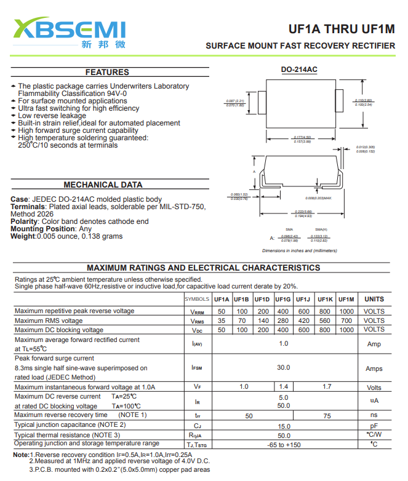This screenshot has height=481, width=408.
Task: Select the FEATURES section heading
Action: (107, 72)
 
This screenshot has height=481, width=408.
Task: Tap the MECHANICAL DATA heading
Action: (103, 185)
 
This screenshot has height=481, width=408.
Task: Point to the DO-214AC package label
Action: (299, 70)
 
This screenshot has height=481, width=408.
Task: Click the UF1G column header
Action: (284, 300)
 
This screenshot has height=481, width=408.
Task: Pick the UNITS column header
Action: (374, 300)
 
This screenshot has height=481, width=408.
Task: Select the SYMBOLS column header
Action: (198, 300)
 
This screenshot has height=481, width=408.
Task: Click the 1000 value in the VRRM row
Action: (346, 311)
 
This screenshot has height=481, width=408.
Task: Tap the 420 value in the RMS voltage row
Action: (304, 320)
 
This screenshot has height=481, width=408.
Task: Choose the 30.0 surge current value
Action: (283, 368)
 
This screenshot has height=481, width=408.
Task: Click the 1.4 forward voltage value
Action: (284, 387)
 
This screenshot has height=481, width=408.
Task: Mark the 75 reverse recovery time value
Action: (327, 416)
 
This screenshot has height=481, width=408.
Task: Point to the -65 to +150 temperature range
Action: (284, 444)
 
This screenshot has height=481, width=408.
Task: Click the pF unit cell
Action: (374, 426)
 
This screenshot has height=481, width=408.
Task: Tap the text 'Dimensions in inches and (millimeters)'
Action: (300, 251)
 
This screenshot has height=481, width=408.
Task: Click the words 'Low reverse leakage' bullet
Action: (52, 116)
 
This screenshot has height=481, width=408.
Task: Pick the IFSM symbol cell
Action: (198, 368)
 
